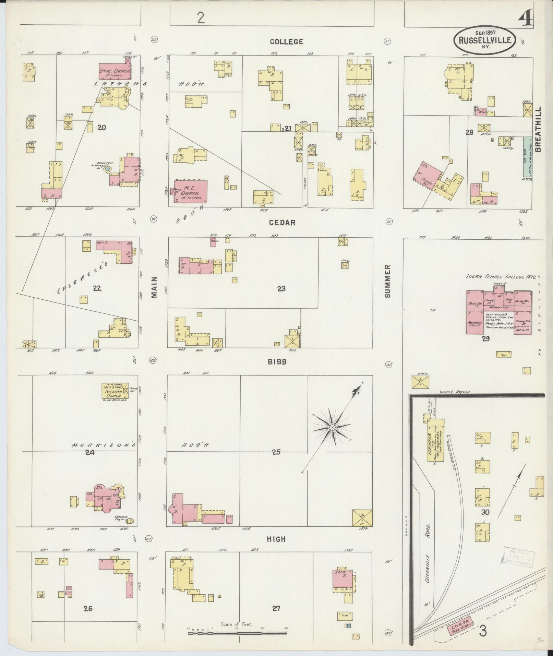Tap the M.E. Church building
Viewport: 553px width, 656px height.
point(190,192)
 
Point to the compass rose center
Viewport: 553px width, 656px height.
point(332,427)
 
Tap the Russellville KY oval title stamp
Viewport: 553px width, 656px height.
point(485,40)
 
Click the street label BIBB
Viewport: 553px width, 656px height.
point(277,361)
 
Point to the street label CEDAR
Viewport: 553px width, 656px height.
point(282,223)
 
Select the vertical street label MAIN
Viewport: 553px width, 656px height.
point(154,287)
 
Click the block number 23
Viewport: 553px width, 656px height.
point(281,289)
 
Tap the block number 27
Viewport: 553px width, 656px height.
point(276,608)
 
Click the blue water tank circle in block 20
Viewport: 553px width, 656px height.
point(107,168)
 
